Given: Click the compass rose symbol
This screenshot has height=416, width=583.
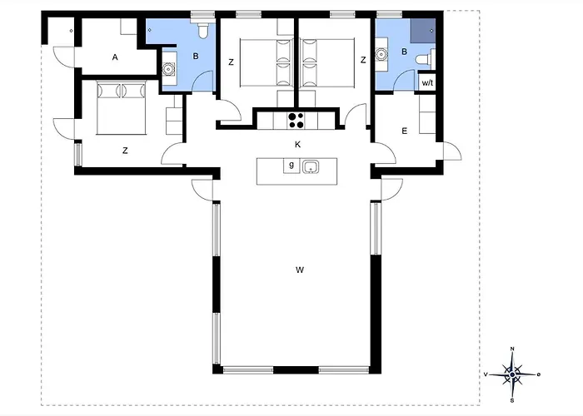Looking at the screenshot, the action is [x=512, y=374].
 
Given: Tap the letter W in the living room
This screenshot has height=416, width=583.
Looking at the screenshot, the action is [x=300, y=270].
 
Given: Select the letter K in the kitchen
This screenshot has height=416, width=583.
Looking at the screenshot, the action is [x=297, y=145].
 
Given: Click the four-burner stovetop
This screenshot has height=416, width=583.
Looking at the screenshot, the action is [x=296, y=121].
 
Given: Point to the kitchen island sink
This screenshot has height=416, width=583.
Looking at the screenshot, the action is [x=310, y=166].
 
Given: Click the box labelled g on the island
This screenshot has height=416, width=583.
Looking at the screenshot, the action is [x=291, y=166].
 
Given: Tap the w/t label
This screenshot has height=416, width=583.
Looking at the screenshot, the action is [x=427, y=83].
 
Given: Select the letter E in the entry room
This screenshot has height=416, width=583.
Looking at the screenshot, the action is [x=404, y=131].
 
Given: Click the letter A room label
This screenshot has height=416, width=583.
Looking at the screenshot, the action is [x=115, y=57].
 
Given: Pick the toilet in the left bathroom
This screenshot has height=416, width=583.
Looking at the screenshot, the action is [x=203, y=31].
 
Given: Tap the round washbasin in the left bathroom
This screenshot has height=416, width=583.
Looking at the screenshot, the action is [x=168, y=69].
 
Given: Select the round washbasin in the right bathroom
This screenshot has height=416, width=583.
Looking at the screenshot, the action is [x=381, y=54].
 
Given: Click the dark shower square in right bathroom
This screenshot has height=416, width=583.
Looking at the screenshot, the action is [x=423, y=31].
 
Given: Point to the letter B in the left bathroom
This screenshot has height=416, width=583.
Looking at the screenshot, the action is [x=196, y=56].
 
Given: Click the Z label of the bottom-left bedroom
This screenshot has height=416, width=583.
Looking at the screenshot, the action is [x=125, y=151].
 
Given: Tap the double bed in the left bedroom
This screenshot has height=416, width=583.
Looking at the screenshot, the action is [x=122, y=108].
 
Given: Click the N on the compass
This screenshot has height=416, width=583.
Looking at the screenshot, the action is [x=512, y=349].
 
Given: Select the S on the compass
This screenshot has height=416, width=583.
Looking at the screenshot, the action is [x=512, y=400].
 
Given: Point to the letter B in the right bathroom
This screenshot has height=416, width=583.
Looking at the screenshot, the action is [x=404, y=52].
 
